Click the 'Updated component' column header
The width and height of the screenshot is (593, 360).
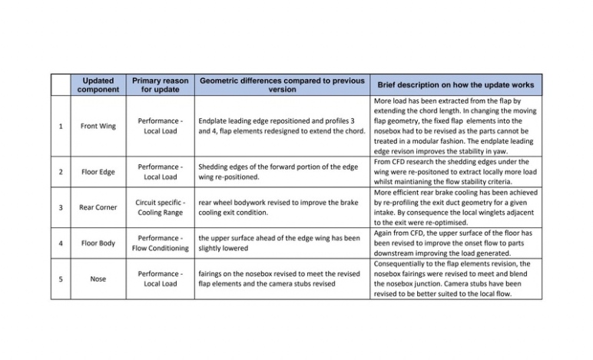click(x=98, y=84)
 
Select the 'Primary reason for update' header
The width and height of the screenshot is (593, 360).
click(x=160, y=84)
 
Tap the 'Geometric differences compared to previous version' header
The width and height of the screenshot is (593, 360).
click(x=281, y=84)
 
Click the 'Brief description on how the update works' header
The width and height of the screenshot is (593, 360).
click(x=457, y=84)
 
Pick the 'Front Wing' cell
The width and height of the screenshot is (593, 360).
click(x=98, y=126)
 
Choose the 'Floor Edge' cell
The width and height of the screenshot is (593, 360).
click(x=98, y=171)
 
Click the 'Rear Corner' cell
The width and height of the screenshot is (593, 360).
click(x=98, y=207)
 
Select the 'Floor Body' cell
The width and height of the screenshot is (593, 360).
click(x=98, y=243)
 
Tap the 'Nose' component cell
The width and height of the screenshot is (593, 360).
click(x=98, y=279)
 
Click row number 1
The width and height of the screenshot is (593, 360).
click(x=60, y=126)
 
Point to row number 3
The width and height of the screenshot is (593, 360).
click(x=60, y=207)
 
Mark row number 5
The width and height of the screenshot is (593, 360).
click(x=60, y=279)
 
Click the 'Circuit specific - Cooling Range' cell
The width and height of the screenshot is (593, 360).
click(x=160, y=207)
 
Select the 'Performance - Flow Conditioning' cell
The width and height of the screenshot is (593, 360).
click(x=160, y=243)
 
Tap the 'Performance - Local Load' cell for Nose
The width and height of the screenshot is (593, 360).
click(x=160, y=279)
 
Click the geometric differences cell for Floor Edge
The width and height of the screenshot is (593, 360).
click(x=281, y=171)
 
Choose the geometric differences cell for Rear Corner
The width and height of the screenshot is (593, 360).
click(x=281, y=207)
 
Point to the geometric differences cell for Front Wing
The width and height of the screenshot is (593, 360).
click(x=281, y=126)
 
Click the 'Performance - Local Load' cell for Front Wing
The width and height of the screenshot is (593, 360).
click(x=160, y=126)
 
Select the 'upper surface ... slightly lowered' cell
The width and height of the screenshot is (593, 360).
click(x=281, y=243)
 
